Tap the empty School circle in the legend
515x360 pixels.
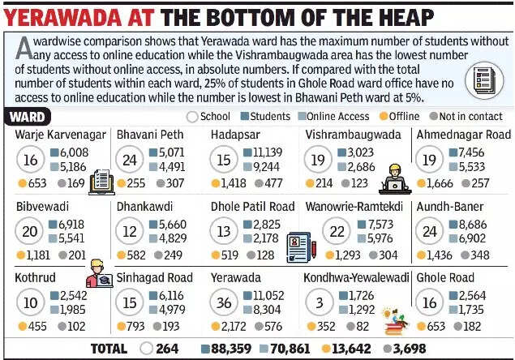193,116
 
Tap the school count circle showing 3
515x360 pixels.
318,302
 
